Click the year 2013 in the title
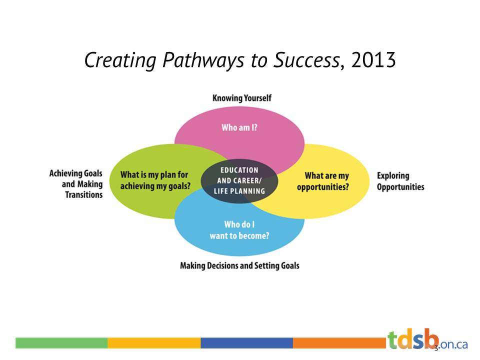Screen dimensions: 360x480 [x=374, y=60]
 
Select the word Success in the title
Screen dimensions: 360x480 [x=306, y=60]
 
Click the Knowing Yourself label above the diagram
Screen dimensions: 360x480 [x=242, y=98]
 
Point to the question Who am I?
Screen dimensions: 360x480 [x=239, y=127]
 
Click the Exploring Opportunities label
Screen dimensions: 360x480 [x=400, y=181]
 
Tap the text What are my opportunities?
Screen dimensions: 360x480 [x=326, y=181]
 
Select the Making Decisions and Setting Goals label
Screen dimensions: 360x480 [x=239, y=265]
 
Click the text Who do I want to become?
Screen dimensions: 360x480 [x=239, y=230]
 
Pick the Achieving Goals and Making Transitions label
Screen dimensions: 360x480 [x=76, y=183]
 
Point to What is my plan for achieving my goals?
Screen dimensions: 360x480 [x=155, y=180]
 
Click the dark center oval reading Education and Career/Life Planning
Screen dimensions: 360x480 [x=239, y=180]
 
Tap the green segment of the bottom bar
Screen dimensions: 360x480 [x=61, y=343]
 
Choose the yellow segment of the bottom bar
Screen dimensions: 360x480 [x=154, y=343]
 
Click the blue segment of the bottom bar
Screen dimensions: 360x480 [x=246, y=343]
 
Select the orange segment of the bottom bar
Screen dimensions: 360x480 [x=339, y=343]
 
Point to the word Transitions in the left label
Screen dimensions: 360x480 [x=83, y=194]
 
